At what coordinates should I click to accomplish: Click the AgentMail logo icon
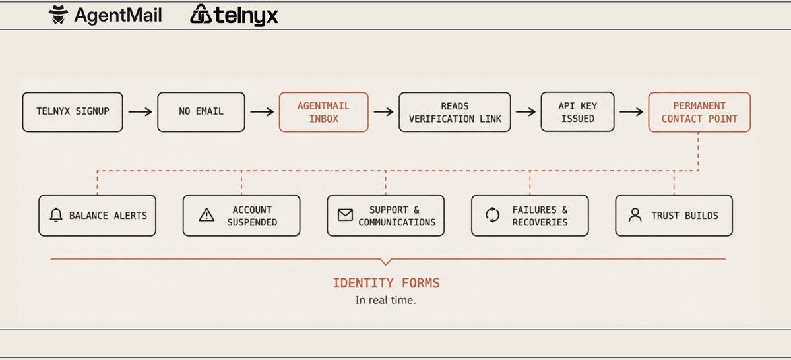pos(58,15)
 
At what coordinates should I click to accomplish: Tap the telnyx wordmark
pos(245,16)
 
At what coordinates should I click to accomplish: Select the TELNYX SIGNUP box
pos(73,112)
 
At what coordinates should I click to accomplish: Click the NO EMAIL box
pos(201,112)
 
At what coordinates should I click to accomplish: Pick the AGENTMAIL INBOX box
pos(324,112)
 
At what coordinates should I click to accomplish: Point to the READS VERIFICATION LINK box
pos(455,112)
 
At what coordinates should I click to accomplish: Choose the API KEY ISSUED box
pos(578,112)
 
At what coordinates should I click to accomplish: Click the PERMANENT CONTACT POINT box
pos(699,112)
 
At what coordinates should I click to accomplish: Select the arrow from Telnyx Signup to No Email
pos(141,112)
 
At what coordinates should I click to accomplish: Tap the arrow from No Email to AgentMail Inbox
pos(263,112)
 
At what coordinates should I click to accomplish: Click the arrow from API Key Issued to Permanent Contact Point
pos(631,112)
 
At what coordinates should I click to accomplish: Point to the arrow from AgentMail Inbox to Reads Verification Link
pos(384,112)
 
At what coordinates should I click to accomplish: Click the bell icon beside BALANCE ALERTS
pos(56,216)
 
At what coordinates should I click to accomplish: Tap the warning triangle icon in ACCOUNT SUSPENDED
pos(207,216)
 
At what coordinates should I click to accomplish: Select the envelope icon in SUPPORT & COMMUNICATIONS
pos(345,216)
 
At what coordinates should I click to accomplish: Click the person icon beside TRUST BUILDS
pos(635,216)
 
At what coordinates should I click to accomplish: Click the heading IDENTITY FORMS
pos(386,283)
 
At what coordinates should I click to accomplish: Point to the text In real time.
pos(385,300)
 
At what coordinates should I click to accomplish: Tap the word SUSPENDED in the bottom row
pos(252,222)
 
